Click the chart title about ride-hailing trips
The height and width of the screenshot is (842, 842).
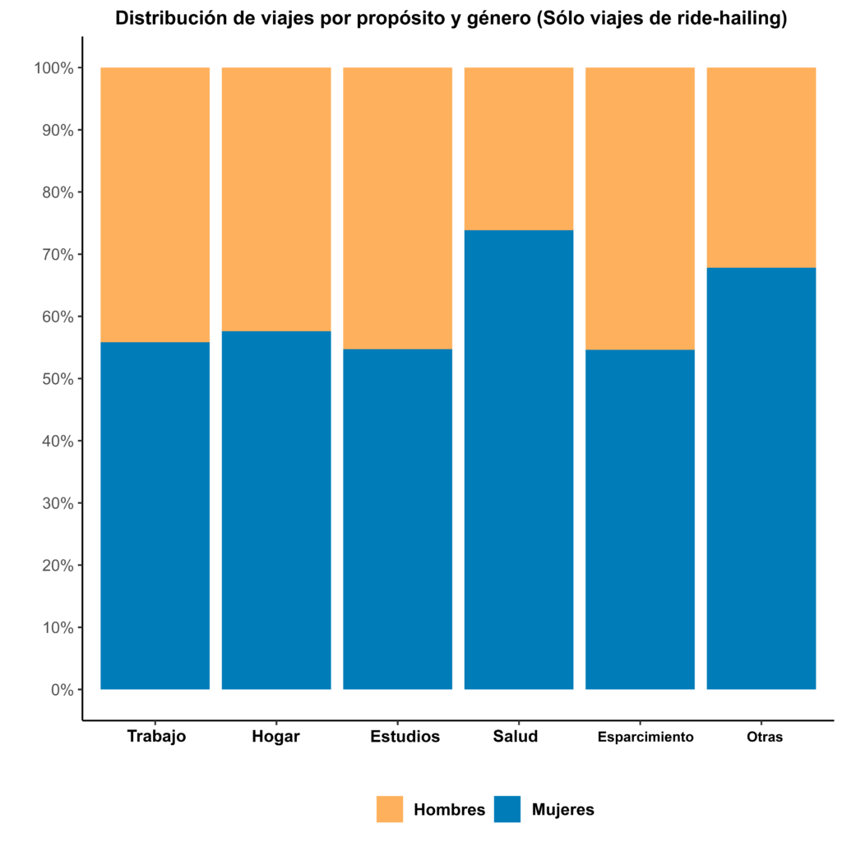451,19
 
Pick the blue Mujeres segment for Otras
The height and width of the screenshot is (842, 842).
761,478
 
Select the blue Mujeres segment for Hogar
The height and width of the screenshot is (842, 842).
276,510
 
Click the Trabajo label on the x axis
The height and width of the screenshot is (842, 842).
156,736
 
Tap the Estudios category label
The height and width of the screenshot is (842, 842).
405,736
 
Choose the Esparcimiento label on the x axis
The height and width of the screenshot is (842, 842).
645,737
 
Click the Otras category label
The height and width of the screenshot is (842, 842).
765,737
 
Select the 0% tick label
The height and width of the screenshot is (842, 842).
62,690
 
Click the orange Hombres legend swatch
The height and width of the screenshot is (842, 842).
390,809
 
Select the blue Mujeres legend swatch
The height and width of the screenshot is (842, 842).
507,809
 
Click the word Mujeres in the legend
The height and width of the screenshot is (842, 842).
562,809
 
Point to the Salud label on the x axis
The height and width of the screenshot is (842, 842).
516,736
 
